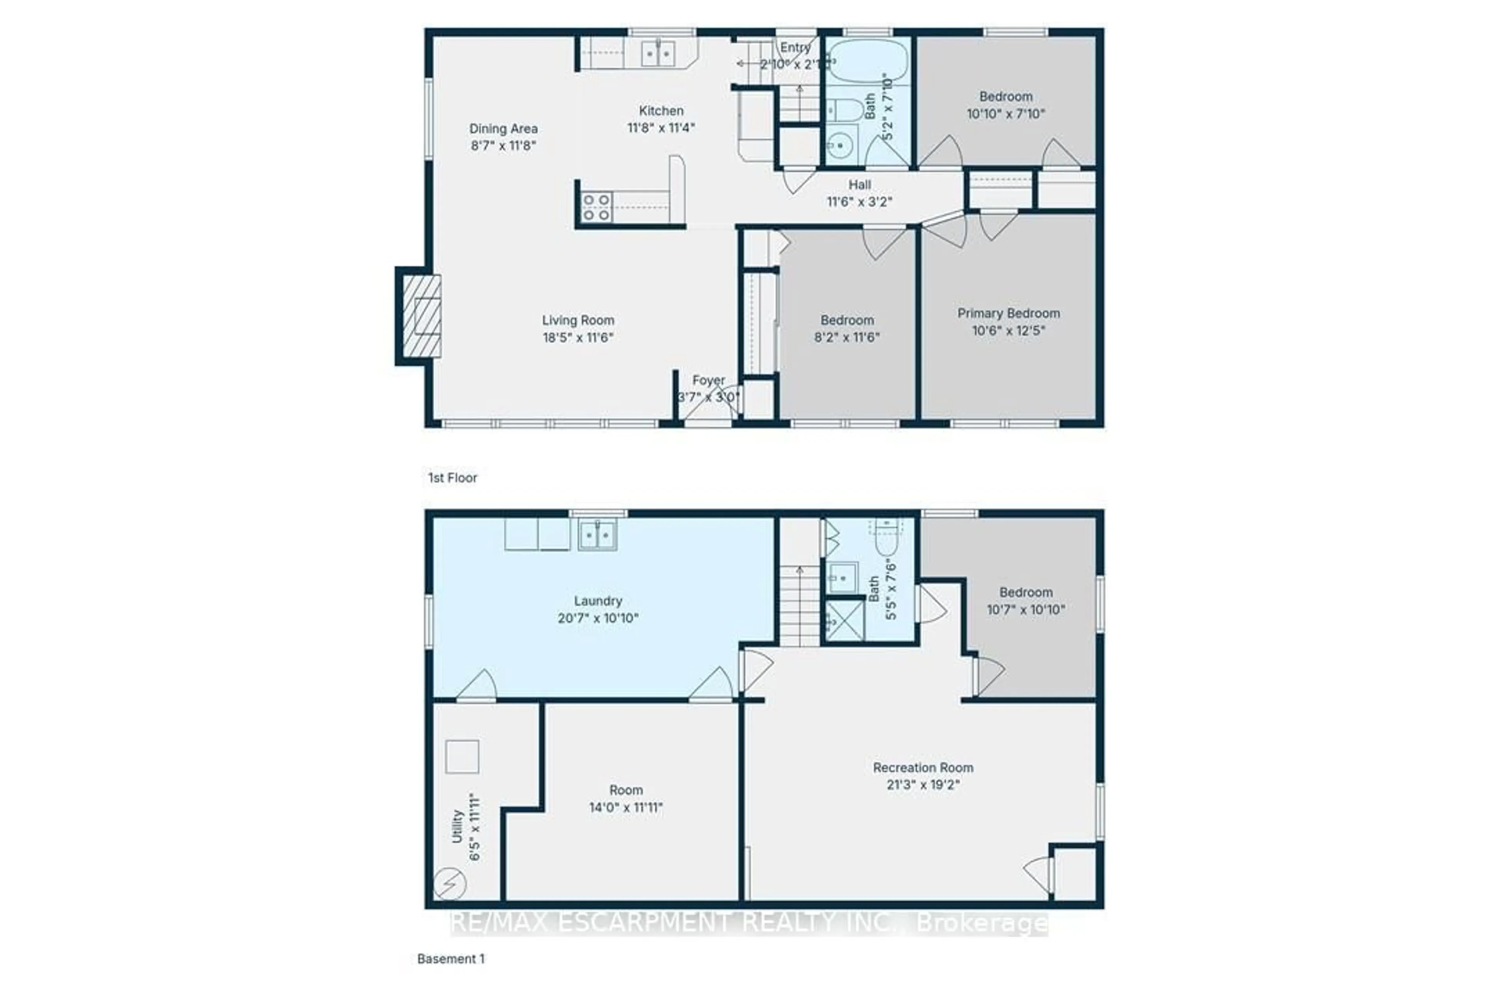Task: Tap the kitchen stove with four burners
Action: (x=596, y=207)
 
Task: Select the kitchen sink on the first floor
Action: (x=658, y=53)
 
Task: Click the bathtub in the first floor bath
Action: (x=867, y=60)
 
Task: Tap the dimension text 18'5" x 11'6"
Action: (x=578, y=337)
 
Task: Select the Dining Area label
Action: (x=503, y=128)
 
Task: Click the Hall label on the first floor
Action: (x=859, y=185)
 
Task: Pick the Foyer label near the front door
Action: (x=708, y=380)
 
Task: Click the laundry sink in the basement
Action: (x=598, y=534)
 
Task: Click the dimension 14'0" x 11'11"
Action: (x=626, y=807)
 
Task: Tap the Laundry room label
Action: (x=598, y=601)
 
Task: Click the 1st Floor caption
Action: (x=453, y=477)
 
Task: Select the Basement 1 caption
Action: (x=451, y=958)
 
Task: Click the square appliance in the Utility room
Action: (x=462, y=756)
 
